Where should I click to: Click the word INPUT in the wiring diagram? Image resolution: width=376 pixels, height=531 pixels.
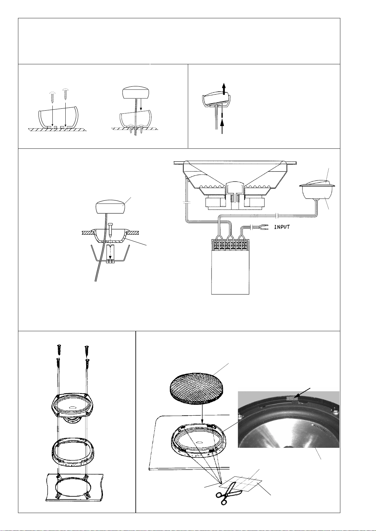(282, 227)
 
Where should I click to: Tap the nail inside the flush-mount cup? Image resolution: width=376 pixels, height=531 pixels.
(110, 230)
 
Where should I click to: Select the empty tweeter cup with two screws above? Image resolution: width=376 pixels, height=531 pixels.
(57, 117)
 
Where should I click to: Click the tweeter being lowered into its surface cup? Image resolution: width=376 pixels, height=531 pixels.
(135, 93)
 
